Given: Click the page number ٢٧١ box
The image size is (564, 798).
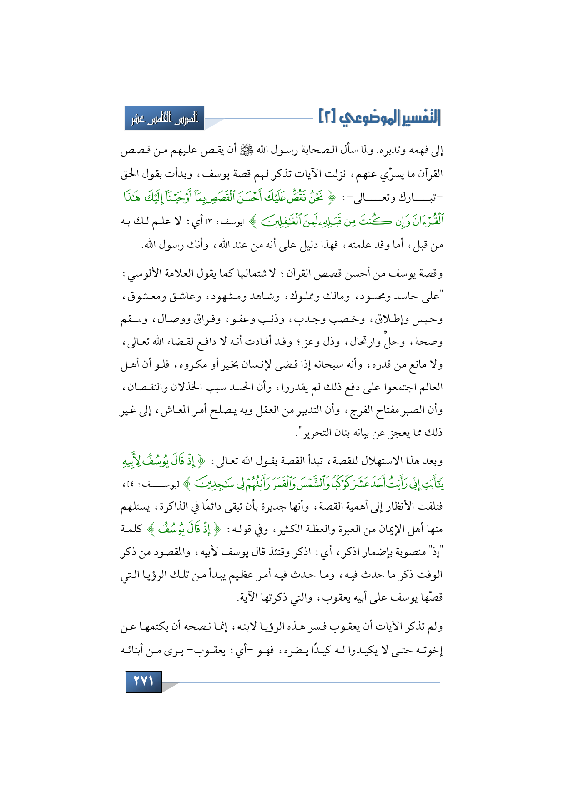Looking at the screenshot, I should [x=143, y=682].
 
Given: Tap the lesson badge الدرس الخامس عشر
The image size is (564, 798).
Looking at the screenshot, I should [x=164, y=119].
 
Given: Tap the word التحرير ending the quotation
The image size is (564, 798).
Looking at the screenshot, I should [x=317, y=433].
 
